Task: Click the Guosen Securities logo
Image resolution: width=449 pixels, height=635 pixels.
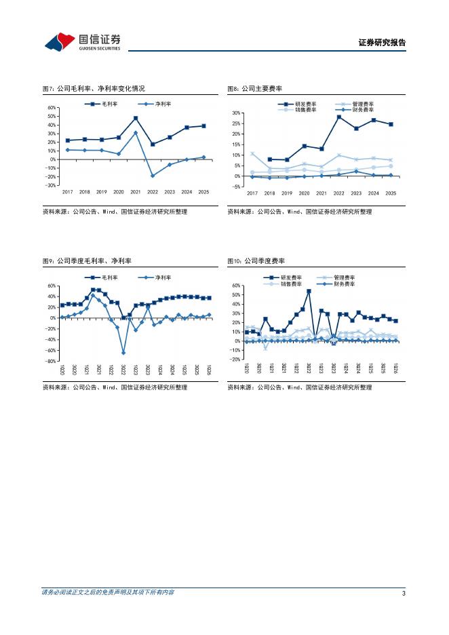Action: (82, 42)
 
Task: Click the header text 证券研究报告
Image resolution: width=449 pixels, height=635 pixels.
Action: (382, 43)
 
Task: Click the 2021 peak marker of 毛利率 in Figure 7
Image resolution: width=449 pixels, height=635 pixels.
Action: (136, 118)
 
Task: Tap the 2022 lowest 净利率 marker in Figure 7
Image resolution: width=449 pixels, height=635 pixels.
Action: (153, 176)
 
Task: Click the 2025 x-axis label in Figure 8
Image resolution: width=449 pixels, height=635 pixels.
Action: (391, 193)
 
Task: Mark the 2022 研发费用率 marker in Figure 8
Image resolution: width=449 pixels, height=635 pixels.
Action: (338, 117)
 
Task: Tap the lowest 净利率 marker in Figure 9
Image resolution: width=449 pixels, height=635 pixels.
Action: (123, 353)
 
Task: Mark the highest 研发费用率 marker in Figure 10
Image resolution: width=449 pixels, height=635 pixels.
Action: (309, 291)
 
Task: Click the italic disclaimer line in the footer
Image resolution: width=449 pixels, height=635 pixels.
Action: (108, 592)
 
